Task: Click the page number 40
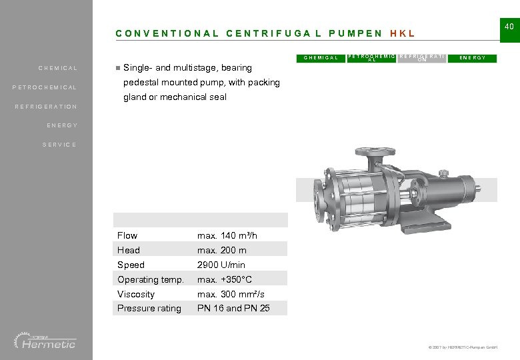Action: click(509, 26)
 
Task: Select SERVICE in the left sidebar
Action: click(59, 145)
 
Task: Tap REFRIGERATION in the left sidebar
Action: click(46, 107)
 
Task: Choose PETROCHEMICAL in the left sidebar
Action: click(45, 87)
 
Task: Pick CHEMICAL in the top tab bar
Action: click(321, 58)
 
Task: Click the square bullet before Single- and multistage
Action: click(117, 67)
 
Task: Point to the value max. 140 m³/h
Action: click(227, 235)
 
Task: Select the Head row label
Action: click(129, 250)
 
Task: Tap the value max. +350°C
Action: click(225, 279)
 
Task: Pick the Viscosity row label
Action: click(136, 294)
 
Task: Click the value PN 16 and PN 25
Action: click(233, 308)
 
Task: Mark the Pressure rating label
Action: click(149, 308)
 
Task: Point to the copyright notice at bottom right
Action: click(459, 347)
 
